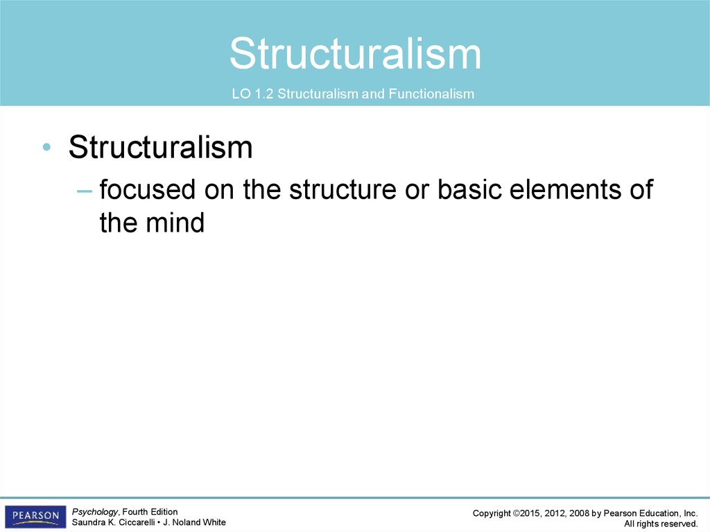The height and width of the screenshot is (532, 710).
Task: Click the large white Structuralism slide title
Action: point(355,53)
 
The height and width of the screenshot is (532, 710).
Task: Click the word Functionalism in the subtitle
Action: point(431,94)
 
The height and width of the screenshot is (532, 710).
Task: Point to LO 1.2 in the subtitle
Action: point(252,94)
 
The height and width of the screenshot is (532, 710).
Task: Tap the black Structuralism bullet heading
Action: point(160,147)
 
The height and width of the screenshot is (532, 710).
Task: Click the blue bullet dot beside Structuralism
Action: point(46,146)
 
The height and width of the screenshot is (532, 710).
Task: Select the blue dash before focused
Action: point(85,191)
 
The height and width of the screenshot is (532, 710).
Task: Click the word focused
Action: point(148,189)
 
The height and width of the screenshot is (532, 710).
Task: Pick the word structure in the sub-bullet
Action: point(343,189)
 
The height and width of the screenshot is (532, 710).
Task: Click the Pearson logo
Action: point(35,516)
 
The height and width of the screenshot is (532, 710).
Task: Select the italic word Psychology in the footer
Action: point(94,512)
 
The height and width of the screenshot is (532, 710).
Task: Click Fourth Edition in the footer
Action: point(150,512)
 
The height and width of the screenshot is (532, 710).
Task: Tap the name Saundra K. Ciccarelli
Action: point(113,522)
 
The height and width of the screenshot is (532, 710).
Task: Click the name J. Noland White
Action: point(194,522)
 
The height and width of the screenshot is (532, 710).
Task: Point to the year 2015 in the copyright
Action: point(530,513)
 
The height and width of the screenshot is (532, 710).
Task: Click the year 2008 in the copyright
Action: point(579,513)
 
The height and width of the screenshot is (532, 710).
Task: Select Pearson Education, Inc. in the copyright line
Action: point(650,513)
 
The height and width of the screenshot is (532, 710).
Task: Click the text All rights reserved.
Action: point(661,524)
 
